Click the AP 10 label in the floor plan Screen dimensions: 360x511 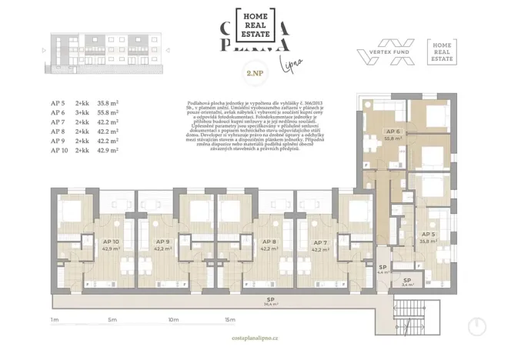pyautogui.click(x=111, y=241)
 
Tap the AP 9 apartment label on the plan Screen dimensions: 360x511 pyautogui.click(x=162, y=241)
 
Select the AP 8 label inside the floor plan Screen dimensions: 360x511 pyautogui.click(x=269, y=241)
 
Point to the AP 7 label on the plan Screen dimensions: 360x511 pyautogui.click(x=320, y=241)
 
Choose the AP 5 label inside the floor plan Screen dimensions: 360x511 pyautogui.click(x=429, y=234)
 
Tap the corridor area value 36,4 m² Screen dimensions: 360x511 pyautogui.click(x=271, y=304)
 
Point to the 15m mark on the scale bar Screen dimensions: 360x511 pyautogui.click(x=229, y=318)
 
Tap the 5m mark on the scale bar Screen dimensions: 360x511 pyautogui.click(x=112, y=318)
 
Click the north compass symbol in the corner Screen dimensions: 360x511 pyautogui.click(x=479, y=326)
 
